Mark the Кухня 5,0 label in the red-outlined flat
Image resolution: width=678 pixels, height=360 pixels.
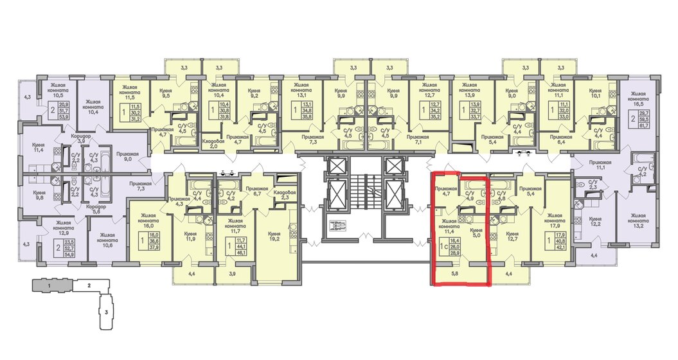pos(476,232)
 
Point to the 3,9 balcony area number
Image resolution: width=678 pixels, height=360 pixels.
pos(233,274)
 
